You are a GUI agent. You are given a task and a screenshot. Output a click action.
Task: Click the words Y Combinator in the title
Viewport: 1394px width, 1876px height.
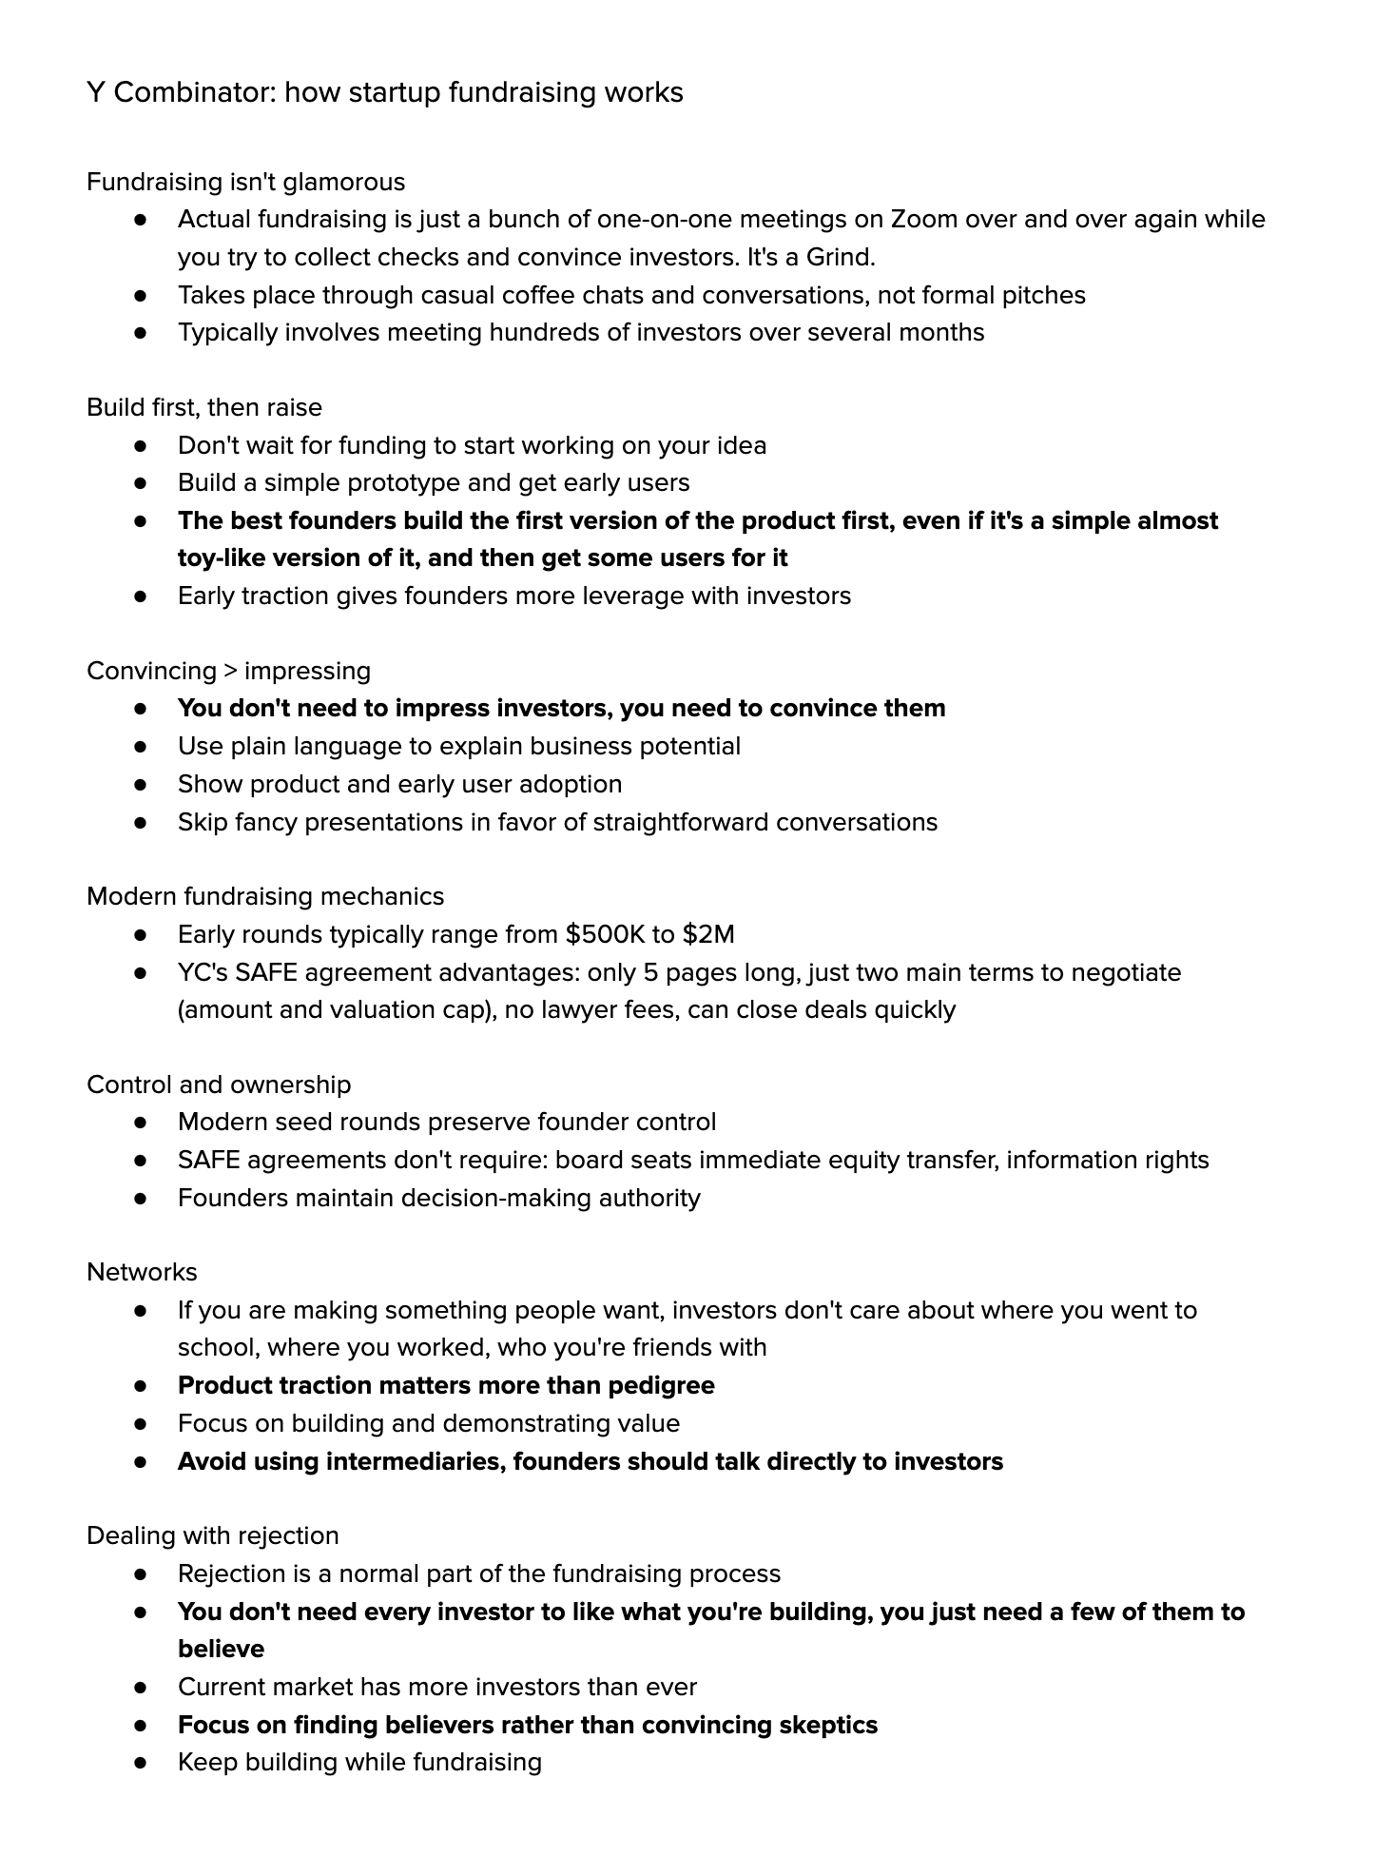tap(180, 92)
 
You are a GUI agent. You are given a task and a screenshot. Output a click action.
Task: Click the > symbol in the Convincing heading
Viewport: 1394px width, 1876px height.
tap(230, 671)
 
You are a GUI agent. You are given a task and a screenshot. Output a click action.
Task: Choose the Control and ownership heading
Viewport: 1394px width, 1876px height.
tap(219, 1085)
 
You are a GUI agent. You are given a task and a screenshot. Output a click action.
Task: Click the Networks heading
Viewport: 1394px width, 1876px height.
tap(142, 1272)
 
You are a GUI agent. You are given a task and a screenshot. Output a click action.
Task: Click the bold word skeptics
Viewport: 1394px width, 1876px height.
tap(825, 1725)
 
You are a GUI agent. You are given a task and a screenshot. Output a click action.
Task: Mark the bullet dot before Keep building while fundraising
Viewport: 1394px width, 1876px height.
tap(141, 1763)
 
